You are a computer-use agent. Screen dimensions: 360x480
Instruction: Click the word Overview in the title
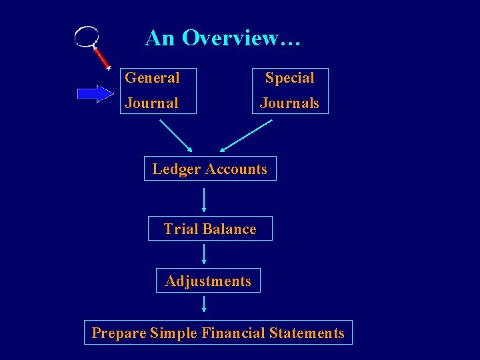pos(241,38)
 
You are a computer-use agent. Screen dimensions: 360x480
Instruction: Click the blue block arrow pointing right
pos(95,93)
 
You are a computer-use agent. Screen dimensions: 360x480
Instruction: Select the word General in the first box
pos(153,78)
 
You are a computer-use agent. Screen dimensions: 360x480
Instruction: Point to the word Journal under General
pos(151,103)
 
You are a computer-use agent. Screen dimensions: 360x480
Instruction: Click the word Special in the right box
pos(289,78)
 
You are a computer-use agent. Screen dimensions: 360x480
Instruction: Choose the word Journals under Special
pos(289,103)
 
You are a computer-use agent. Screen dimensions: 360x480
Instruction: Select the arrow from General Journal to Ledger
pos(176,135)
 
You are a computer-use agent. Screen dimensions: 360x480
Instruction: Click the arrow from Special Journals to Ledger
pos(246,135)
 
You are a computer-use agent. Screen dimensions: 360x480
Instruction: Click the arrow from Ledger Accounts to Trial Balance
pos(204,199)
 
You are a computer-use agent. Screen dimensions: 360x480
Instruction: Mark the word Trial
pos(178,229)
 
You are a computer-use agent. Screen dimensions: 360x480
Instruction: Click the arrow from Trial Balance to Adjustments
pos(204,254)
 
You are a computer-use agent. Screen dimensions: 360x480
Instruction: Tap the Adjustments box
pos(208,281)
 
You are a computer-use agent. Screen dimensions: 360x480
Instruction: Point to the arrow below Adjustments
pos(204,304)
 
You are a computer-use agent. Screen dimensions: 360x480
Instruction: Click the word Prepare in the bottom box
pos(119,333)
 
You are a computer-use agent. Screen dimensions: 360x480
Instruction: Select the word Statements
pos(307,333)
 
